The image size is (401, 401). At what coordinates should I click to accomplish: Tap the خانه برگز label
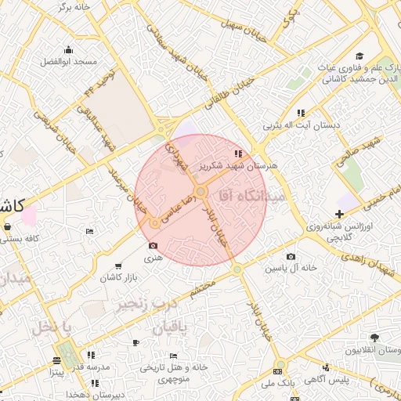[74, 7]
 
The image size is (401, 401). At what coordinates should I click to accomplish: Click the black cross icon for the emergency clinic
[338, 214]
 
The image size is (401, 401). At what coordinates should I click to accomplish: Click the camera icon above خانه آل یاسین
[291, 257]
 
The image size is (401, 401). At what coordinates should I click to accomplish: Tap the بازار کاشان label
[117, 278]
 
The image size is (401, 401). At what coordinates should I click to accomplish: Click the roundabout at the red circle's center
[200, 192]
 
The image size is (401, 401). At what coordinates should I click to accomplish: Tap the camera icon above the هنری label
[151, 247]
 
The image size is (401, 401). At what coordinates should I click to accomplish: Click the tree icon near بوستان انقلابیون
[375, 338]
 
